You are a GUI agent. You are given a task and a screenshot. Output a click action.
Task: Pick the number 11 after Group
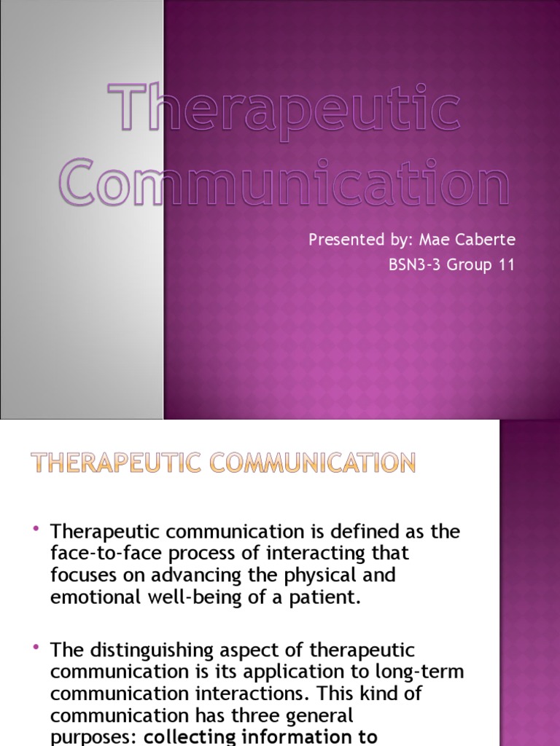coord(505,265)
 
